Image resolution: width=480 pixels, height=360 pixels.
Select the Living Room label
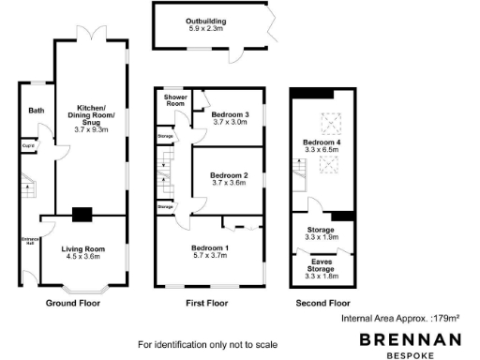(x=83, y=248)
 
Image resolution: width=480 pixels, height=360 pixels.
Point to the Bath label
(x=36, y=111)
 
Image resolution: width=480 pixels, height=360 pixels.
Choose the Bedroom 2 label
(x=229, y=176)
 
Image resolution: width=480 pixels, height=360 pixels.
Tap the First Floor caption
(x=207, y=304)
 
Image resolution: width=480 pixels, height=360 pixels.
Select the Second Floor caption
(x=322, y=304)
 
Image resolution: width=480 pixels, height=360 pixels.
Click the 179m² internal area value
(x=446, y=319)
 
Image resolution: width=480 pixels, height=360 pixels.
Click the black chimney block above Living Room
(x=82, y=215)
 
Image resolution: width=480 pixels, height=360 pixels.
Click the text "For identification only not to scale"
(x=209, y=343)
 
